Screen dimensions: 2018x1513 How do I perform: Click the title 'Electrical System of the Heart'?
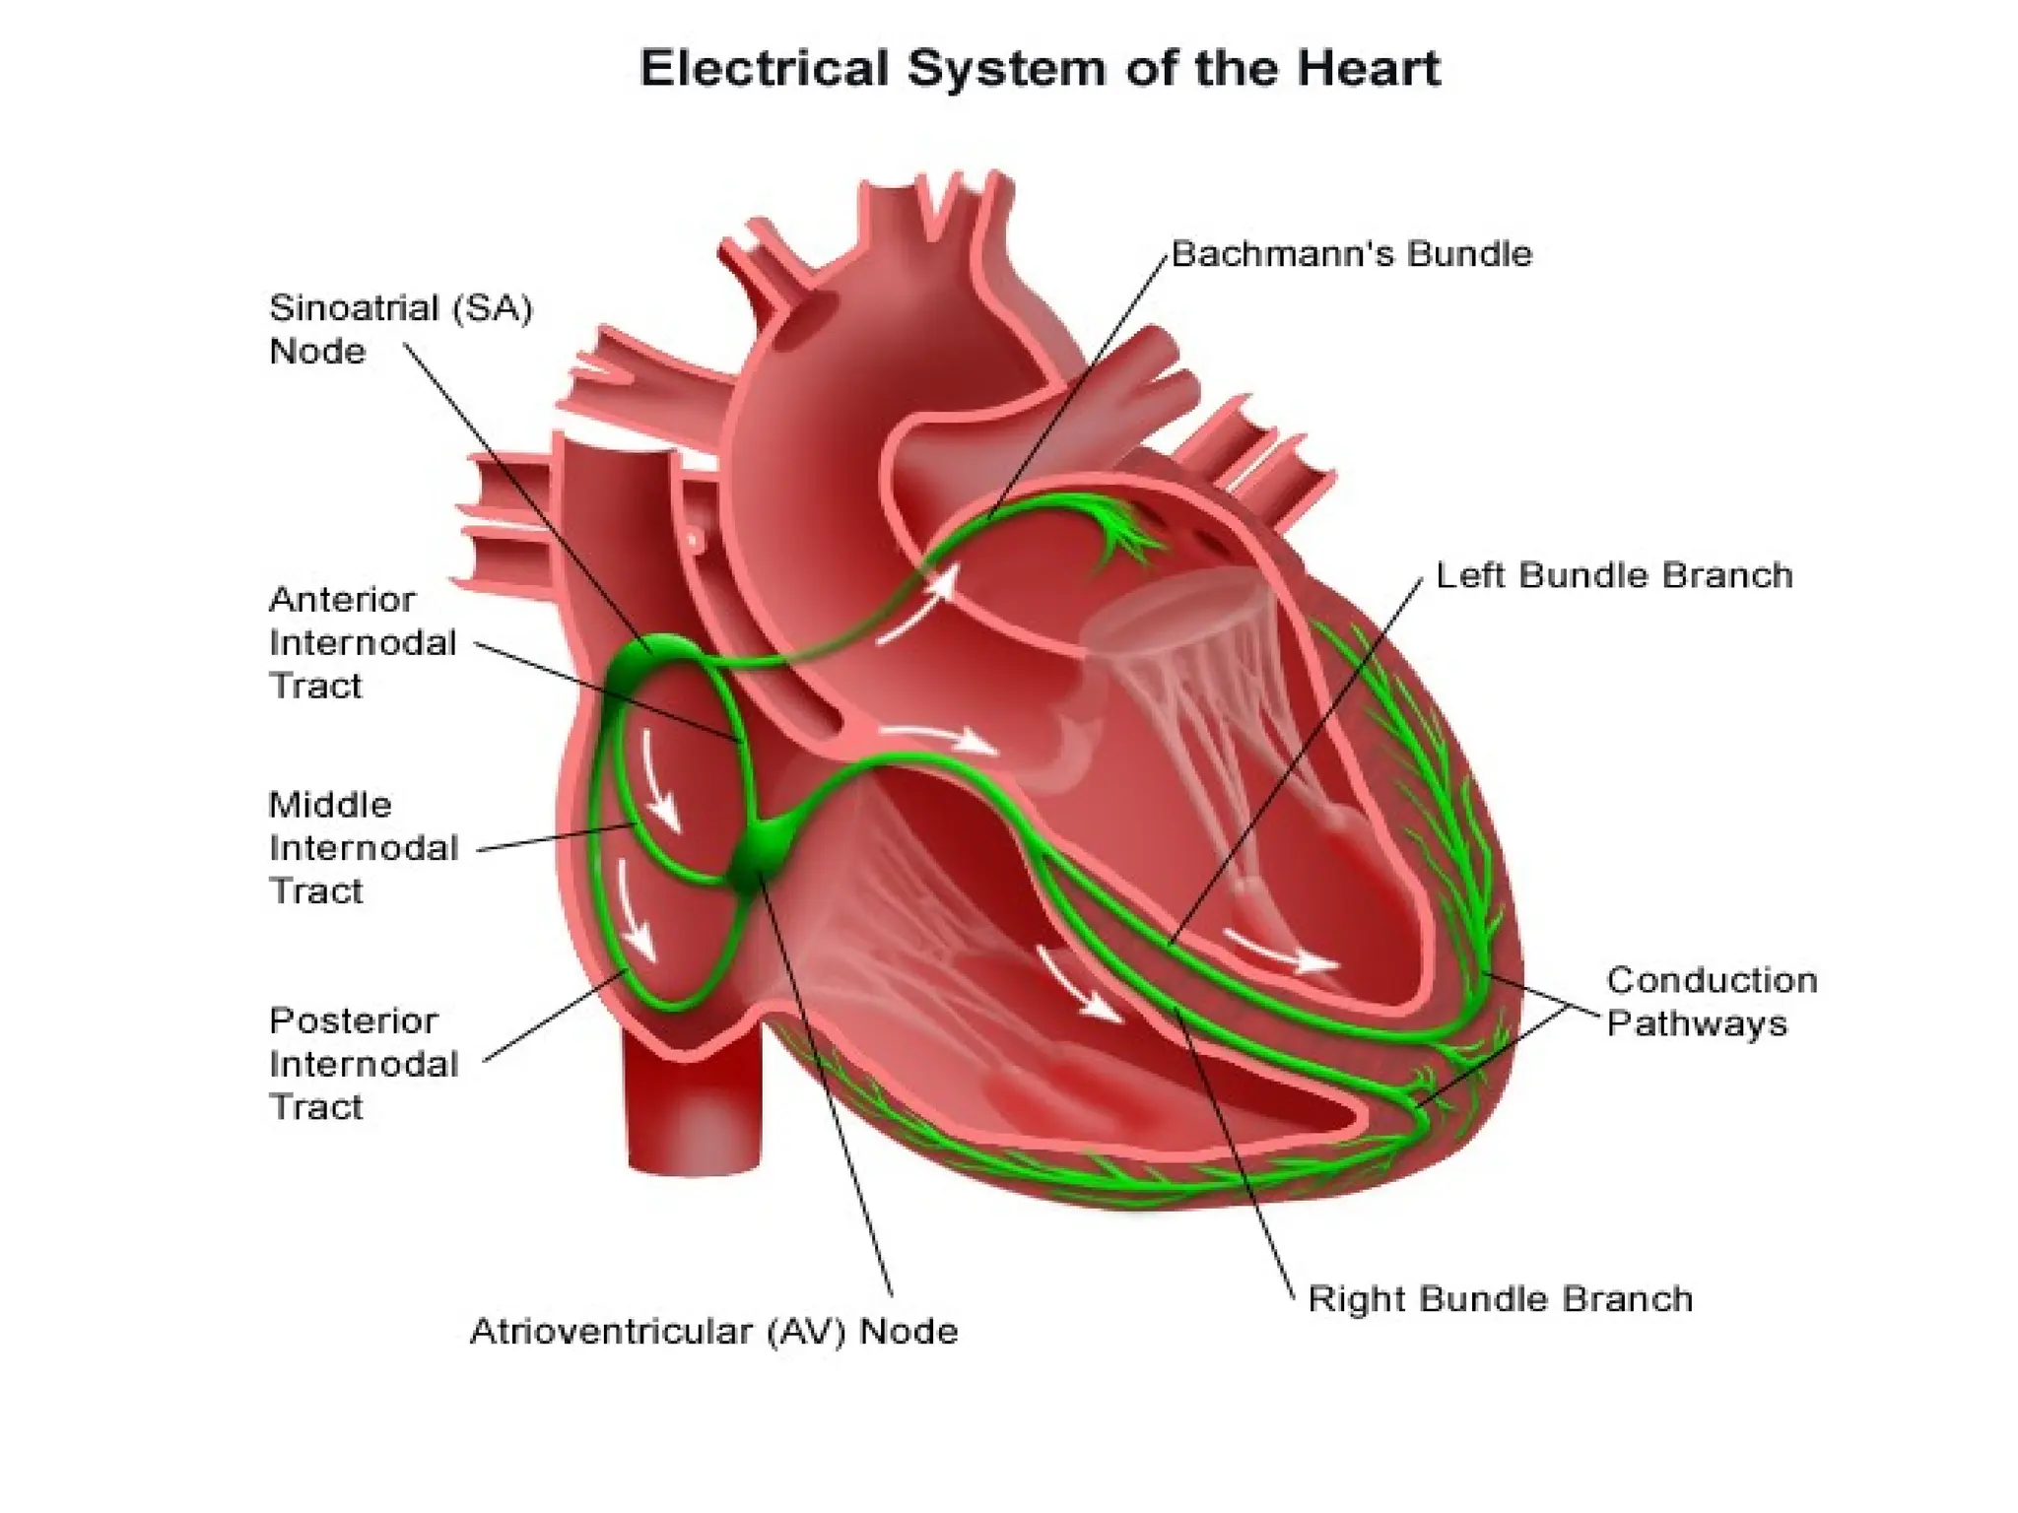pyautogui.click(x=1040, y=69)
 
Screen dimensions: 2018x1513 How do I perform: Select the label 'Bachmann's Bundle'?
pyautogui.click(x=1351, y=254)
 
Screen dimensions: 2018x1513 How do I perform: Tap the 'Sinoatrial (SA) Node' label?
pyautogui.click(x=400, y=329)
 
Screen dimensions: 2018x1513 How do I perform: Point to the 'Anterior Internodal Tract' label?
pyautogui.click(x=363, y=642)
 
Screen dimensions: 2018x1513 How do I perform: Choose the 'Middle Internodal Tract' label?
pyautogui.click(x=363, y=847)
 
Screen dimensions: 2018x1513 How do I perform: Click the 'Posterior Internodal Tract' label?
pyautogui.click(x=363, y=1064)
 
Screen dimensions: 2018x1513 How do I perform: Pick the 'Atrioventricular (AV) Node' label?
pyautogui.click(x=713, y=1332)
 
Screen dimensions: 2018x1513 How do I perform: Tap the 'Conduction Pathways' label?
pyautogui.click(x=1712, y=1002)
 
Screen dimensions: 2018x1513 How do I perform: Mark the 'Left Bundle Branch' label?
pyautogui.click(x=1613, y=575)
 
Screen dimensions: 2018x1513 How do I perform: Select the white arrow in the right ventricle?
pyautogui.click(x=1079, y=985)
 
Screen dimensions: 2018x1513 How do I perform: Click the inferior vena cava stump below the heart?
pyautogui.click(x=695, y=1113)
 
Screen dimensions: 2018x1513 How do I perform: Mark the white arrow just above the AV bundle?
pyautogui.click(x=936, y=737)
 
